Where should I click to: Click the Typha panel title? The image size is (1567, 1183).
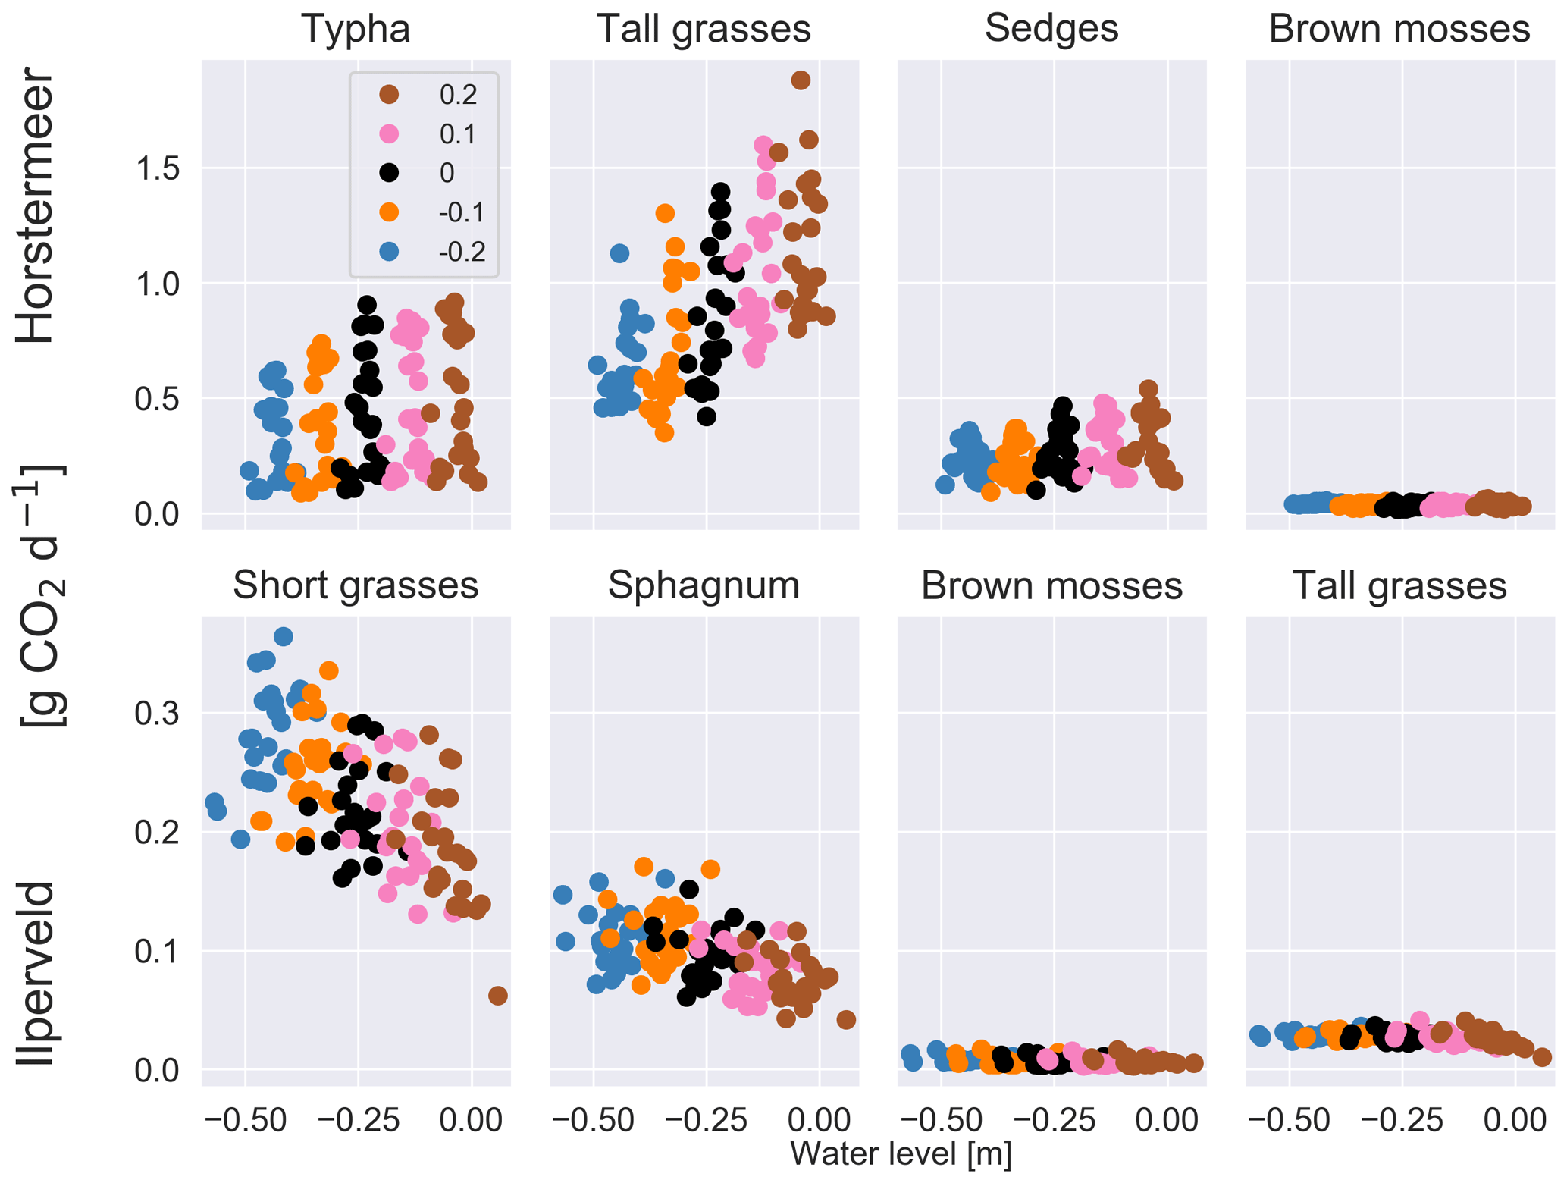(356, 29)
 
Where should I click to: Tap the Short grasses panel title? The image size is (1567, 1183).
(356, 585)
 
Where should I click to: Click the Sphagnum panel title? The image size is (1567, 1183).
(704, 585)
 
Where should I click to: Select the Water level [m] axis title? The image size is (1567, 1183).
(901, 1153)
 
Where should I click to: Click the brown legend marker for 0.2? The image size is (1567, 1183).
(389, 94)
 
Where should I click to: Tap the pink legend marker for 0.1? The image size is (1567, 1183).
(389, 133)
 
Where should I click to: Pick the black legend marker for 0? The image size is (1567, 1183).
(389, 173)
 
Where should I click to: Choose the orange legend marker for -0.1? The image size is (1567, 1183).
(389, 212)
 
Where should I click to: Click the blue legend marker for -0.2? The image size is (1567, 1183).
(389, 251)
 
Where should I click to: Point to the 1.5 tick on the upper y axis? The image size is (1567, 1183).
(157, 169)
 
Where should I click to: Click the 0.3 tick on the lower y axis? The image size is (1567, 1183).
(157, 714)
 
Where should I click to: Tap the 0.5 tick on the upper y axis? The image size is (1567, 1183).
(157, 400)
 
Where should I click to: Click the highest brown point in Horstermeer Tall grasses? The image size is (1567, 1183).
(801, 80)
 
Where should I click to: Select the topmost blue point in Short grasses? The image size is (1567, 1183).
(283, 636)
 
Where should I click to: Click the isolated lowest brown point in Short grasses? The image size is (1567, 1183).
(497, 996)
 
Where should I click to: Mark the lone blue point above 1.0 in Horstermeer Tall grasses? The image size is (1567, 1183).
(619, 253)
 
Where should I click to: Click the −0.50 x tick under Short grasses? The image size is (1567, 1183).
(244, 1121)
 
